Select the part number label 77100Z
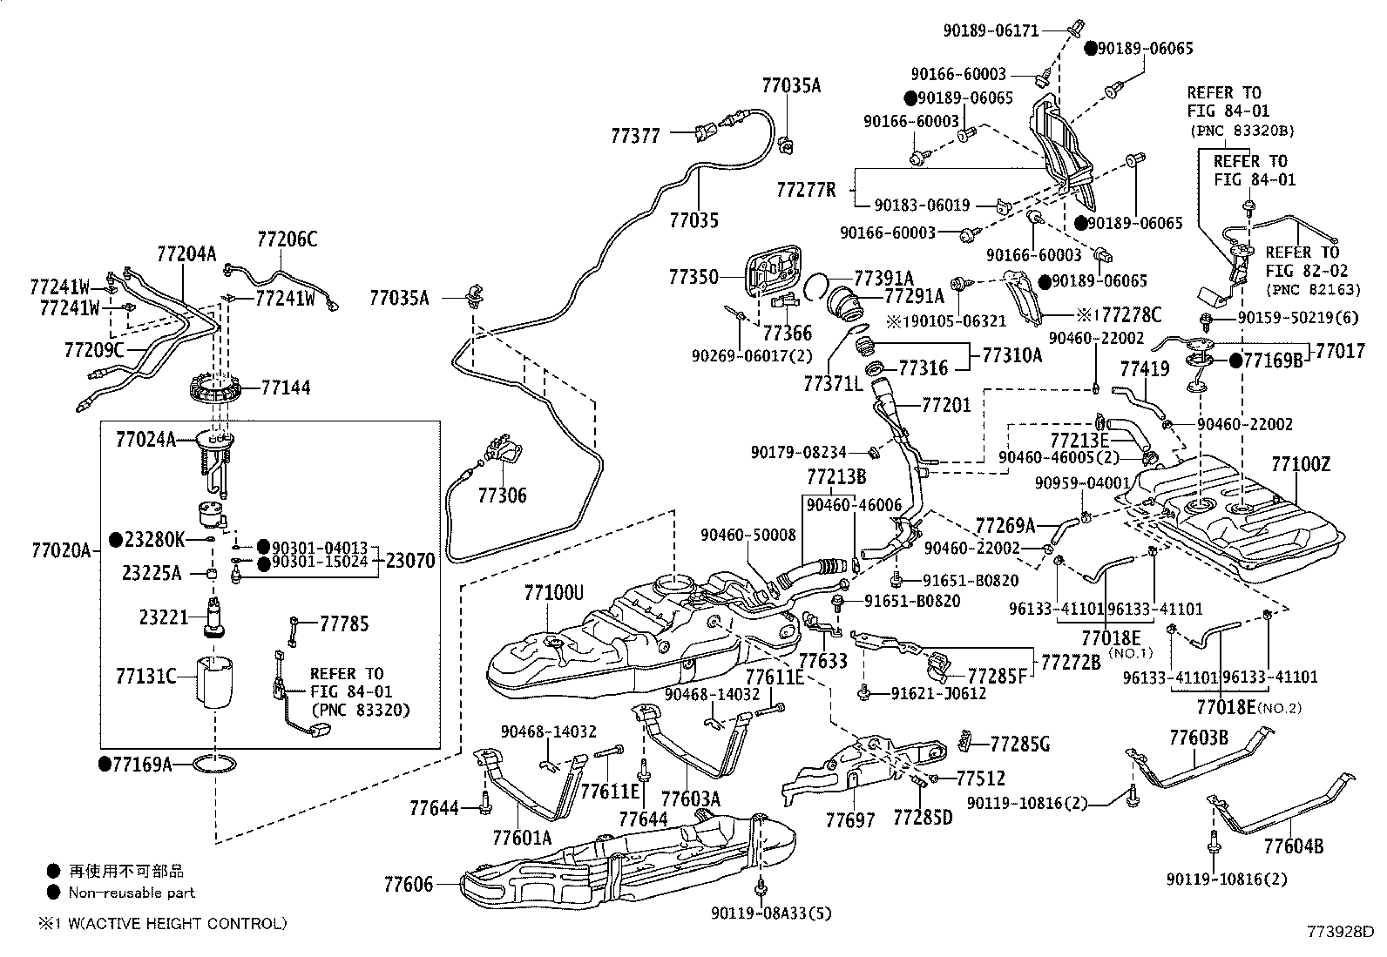coord(1301,464)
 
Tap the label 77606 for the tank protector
coord(408,884)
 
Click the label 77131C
coord(145,676)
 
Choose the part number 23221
coord(164,617)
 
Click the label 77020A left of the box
coord(61,550)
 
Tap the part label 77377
coord(635,136)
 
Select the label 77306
coord(502,495)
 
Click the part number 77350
coord(693,277)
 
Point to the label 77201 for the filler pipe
coord(945,405)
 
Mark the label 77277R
coord(806,189)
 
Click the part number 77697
coord(849,819)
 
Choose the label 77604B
coord(1294,846)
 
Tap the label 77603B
coord(1198,738)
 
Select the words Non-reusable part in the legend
coord(132,892)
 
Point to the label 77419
coord(1144,370)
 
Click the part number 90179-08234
coord(799,452)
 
